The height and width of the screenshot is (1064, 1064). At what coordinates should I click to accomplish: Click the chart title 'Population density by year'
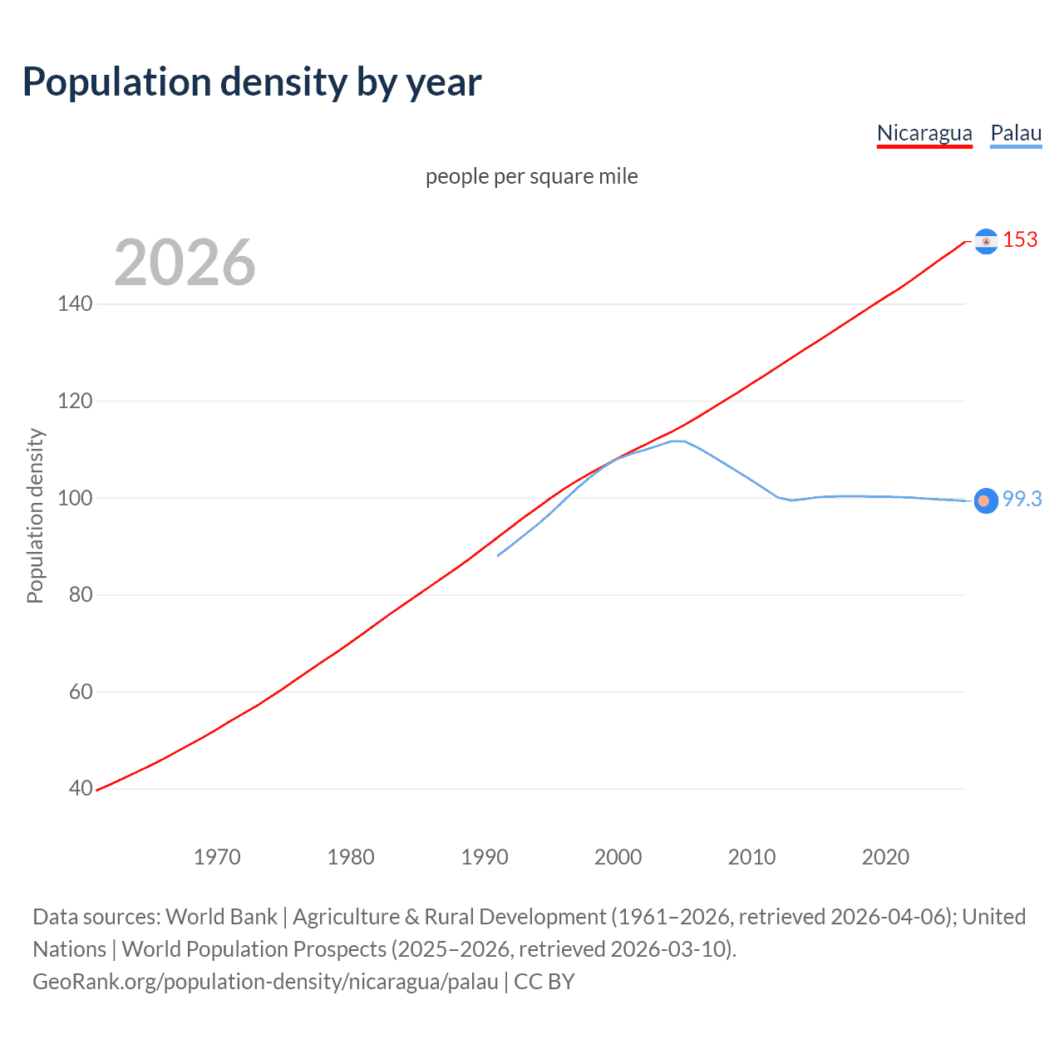252,82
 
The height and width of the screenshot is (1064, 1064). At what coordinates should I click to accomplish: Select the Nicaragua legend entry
924,133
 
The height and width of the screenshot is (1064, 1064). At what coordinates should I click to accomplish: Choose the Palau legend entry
1016,133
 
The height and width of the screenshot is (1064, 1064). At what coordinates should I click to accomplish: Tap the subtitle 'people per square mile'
531,176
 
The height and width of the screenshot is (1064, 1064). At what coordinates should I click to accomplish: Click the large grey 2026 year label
185,263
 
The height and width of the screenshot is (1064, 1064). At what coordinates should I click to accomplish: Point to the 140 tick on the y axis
75,303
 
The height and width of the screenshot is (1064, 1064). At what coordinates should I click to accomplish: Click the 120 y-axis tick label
75,401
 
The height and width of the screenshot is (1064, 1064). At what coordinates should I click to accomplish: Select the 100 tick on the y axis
75,498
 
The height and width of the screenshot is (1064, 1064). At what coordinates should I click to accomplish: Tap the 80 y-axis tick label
80,594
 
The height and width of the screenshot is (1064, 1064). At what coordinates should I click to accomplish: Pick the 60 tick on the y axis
80,692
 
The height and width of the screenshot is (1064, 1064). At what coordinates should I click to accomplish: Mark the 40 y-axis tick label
80,788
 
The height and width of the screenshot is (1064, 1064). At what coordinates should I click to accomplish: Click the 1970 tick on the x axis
217,857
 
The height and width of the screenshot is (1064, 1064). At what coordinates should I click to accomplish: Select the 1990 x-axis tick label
485,857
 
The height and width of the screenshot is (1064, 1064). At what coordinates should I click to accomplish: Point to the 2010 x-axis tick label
751,857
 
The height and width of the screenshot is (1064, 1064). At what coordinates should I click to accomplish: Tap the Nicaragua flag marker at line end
986,241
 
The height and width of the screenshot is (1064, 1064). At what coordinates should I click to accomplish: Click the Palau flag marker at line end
985,500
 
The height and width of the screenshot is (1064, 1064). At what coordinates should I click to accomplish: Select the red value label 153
1020,239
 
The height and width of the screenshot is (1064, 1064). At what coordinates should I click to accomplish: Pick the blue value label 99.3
1022,499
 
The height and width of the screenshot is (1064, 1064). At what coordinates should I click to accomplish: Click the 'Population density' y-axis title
35,515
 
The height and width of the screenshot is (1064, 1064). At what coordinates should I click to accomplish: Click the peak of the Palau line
677,441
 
